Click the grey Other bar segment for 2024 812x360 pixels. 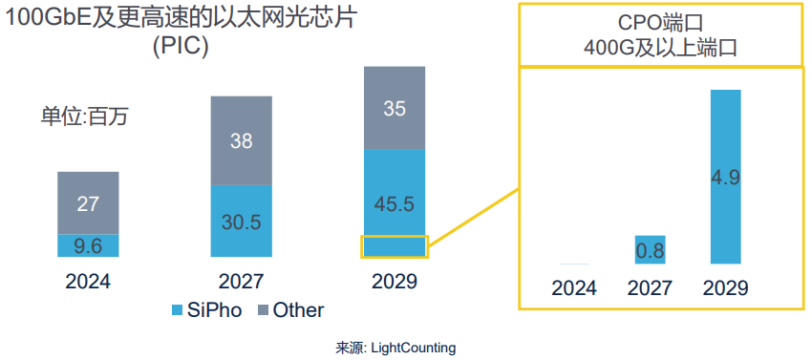(x=88, y=202)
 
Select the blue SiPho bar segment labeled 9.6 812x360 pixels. (x=88, y=245)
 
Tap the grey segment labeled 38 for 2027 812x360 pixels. (x=242, y=140)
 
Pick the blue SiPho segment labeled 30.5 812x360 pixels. (x=242, y=221)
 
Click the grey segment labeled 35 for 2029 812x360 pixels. (x=395, y=108)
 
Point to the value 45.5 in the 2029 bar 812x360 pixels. (x=395, y=202)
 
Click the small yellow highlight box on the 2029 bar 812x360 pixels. (x=395, y=246)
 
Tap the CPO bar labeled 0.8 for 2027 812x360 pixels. (x=650, y=249)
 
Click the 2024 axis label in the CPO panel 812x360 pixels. (x=574, y=288)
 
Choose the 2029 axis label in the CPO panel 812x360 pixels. (x=725, y=288)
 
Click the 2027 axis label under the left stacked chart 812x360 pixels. (x=242, y=282)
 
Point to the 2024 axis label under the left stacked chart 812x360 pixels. (x=88, y=282)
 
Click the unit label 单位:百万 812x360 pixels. (x=84, y=117)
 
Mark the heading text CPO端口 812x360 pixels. (x=660, y=22)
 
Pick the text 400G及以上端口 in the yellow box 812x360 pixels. (x=660, y=47)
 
